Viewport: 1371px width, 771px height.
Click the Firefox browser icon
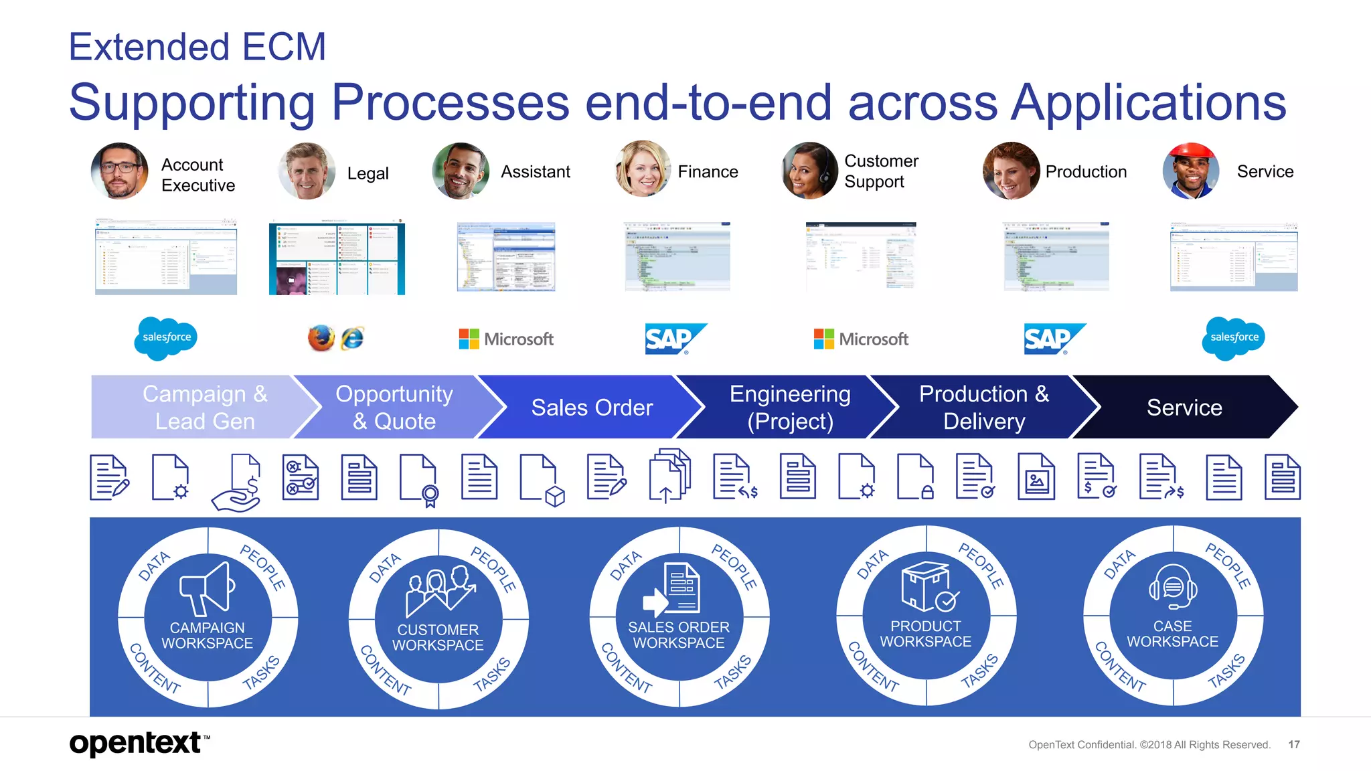(x=321, y=338)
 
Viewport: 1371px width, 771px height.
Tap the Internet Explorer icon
(x=352, y=339)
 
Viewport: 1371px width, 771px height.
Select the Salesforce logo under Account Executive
(x=166, y=338)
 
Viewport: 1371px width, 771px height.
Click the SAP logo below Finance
(x=673, y=339)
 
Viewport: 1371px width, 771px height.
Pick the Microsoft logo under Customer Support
(x=861, y=339)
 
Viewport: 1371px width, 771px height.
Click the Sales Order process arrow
(x=591, y=407)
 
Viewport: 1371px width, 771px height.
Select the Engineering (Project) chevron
(x=790, y=407)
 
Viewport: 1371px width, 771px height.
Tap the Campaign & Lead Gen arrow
(x=201, y=407)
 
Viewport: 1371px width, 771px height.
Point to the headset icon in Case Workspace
(x=1173, y=586)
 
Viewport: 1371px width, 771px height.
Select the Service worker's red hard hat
(x=1191, y=153)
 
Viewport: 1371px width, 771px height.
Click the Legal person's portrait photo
(x=307, y=171)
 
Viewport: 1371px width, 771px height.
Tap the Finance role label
(x=708, y=172)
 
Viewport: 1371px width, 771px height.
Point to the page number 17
(x=1293, y=744)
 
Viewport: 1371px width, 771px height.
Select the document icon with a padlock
(x=916, y=477)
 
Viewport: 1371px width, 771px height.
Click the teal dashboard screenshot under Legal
(x=337, y=259)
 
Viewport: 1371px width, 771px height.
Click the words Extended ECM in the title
(x=197, y=47)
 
